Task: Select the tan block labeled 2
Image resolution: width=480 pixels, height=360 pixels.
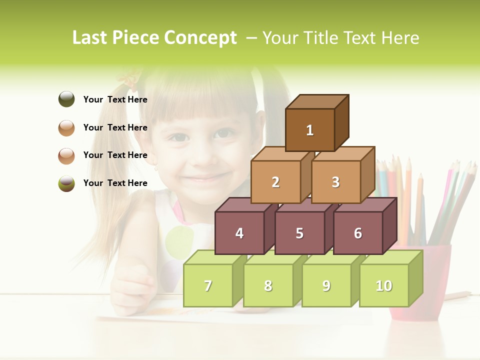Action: [x=275, y=182]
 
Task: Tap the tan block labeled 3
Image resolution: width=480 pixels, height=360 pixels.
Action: [x=335, y=182]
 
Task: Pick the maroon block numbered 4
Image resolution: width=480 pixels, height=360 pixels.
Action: [x=239, y=233]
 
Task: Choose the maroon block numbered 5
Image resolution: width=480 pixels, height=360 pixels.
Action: [x=299, y=233]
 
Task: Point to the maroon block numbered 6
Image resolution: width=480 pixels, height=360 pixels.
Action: [x=358, y=233]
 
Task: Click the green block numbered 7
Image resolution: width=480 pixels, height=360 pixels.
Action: [x=208, y=285]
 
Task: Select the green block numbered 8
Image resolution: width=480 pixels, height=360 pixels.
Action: [x=268, y=285]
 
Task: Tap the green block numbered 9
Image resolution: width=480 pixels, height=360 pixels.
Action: [x=326, y=285]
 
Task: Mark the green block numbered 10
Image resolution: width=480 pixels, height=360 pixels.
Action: [x=384, y=285]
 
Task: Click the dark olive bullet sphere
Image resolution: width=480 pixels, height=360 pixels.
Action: [x=66, y=99]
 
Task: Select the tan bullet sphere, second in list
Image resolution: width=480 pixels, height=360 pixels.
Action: [x=66, y=127]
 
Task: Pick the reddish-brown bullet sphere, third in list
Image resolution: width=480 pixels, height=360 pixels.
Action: [x=66, y=155]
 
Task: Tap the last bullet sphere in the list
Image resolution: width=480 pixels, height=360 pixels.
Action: [x=66, y=183]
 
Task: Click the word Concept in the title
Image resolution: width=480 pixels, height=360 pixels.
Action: [x=200, y=38]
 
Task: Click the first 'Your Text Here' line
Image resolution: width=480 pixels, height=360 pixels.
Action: [x=115, y=99]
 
